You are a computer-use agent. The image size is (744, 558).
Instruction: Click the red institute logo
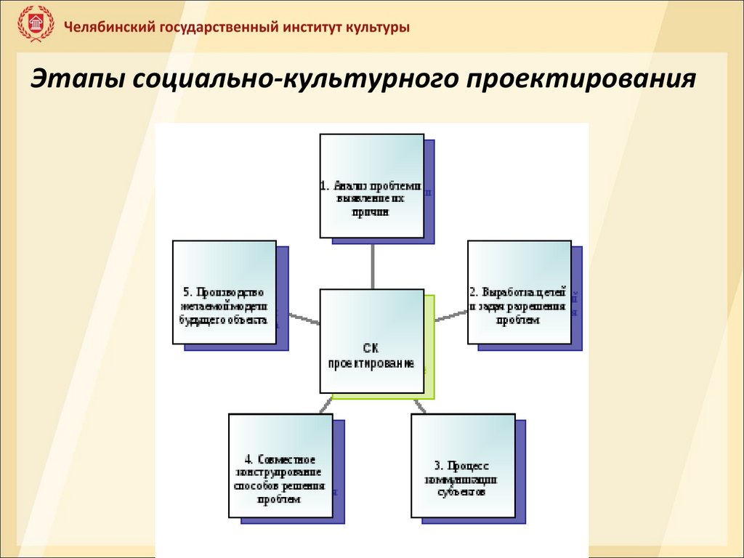(36, 26)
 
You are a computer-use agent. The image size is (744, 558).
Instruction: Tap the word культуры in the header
(376, 28)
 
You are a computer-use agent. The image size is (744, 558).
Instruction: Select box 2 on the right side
(518, 293)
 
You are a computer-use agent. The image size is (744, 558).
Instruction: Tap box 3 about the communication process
(463, 466)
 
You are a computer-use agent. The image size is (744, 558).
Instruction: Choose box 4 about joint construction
(280, 466)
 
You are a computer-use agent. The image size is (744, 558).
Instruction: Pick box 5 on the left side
(225, 293)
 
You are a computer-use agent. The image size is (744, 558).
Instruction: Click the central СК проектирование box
(371, 341)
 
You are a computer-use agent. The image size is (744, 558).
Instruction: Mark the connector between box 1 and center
(372, 263)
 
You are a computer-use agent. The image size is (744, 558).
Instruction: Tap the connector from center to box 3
(419, 405)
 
